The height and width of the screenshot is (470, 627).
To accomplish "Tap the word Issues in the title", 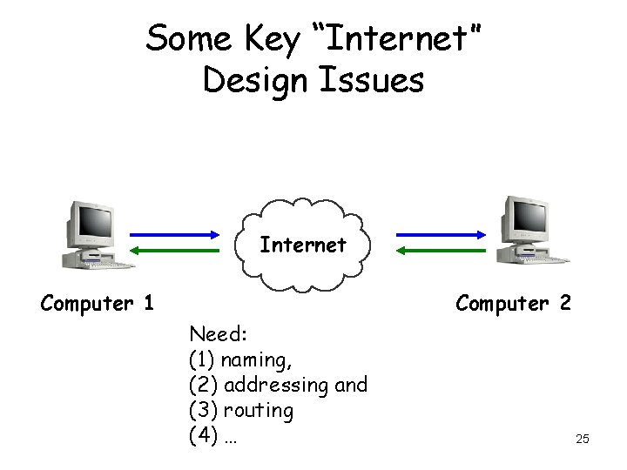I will coord(381,80).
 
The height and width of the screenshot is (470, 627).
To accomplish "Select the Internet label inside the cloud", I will coord(303,245).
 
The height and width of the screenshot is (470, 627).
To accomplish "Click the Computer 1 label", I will coord(98,304).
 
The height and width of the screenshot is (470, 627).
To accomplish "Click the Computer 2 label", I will coord(514,304).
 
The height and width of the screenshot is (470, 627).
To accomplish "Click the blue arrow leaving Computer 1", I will coord(174,234).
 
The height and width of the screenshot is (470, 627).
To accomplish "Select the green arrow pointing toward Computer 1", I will coord(174,251).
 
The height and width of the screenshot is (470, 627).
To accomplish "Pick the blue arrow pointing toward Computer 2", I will coord(441,234).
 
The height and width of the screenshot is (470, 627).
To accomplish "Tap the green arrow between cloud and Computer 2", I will coord(441,251).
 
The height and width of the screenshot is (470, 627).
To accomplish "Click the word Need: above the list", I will coord(219,334).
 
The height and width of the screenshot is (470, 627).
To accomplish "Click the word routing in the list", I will coord(259,410).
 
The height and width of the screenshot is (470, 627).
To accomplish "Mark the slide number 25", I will coord(583,439).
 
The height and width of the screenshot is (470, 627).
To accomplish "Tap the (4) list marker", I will coord(203,435).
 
